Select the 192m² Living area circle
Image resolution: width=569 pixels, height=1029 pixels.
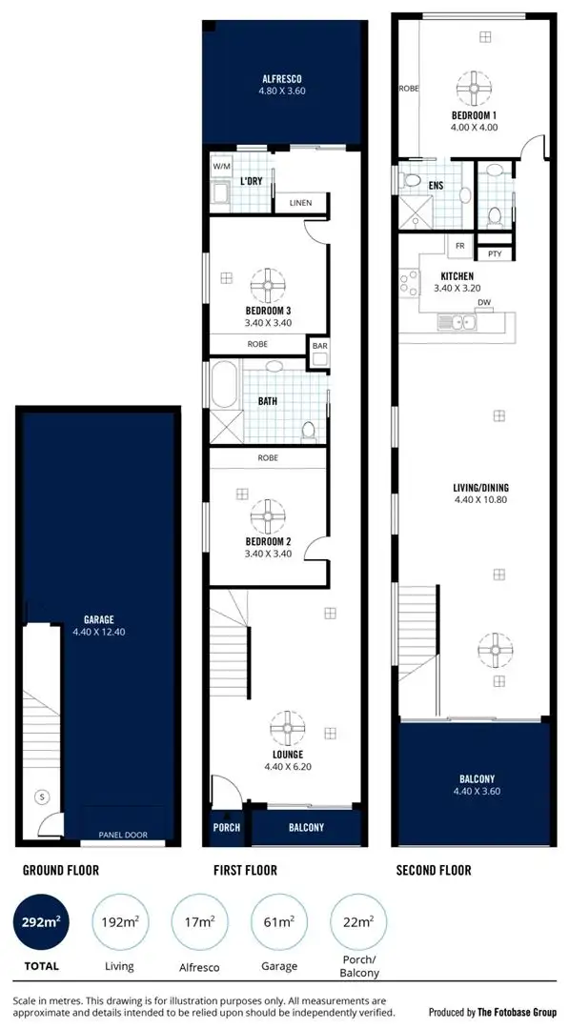coord(119,922)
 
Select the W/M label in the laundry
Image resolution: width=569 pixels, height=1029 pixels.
coord(222,166)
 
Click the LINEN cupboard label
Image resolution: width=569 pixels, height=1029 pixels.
coord(300,203)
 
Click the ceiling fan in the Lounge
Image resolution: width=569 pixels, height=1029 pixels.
coord(287,729)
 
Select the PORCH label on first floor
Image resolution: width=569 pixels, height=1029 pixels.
coord(227,827)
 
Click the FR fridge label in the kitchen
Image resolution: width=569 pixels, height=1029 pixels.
coord(460,246)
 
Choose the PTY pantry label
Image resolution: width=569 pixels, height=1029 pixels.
coord(494,253)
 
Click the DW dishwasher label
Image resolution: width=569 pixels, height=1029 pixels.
coord(484,304)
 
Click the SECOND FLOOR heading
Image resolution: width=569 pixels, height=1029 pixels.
coord(432,870)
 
